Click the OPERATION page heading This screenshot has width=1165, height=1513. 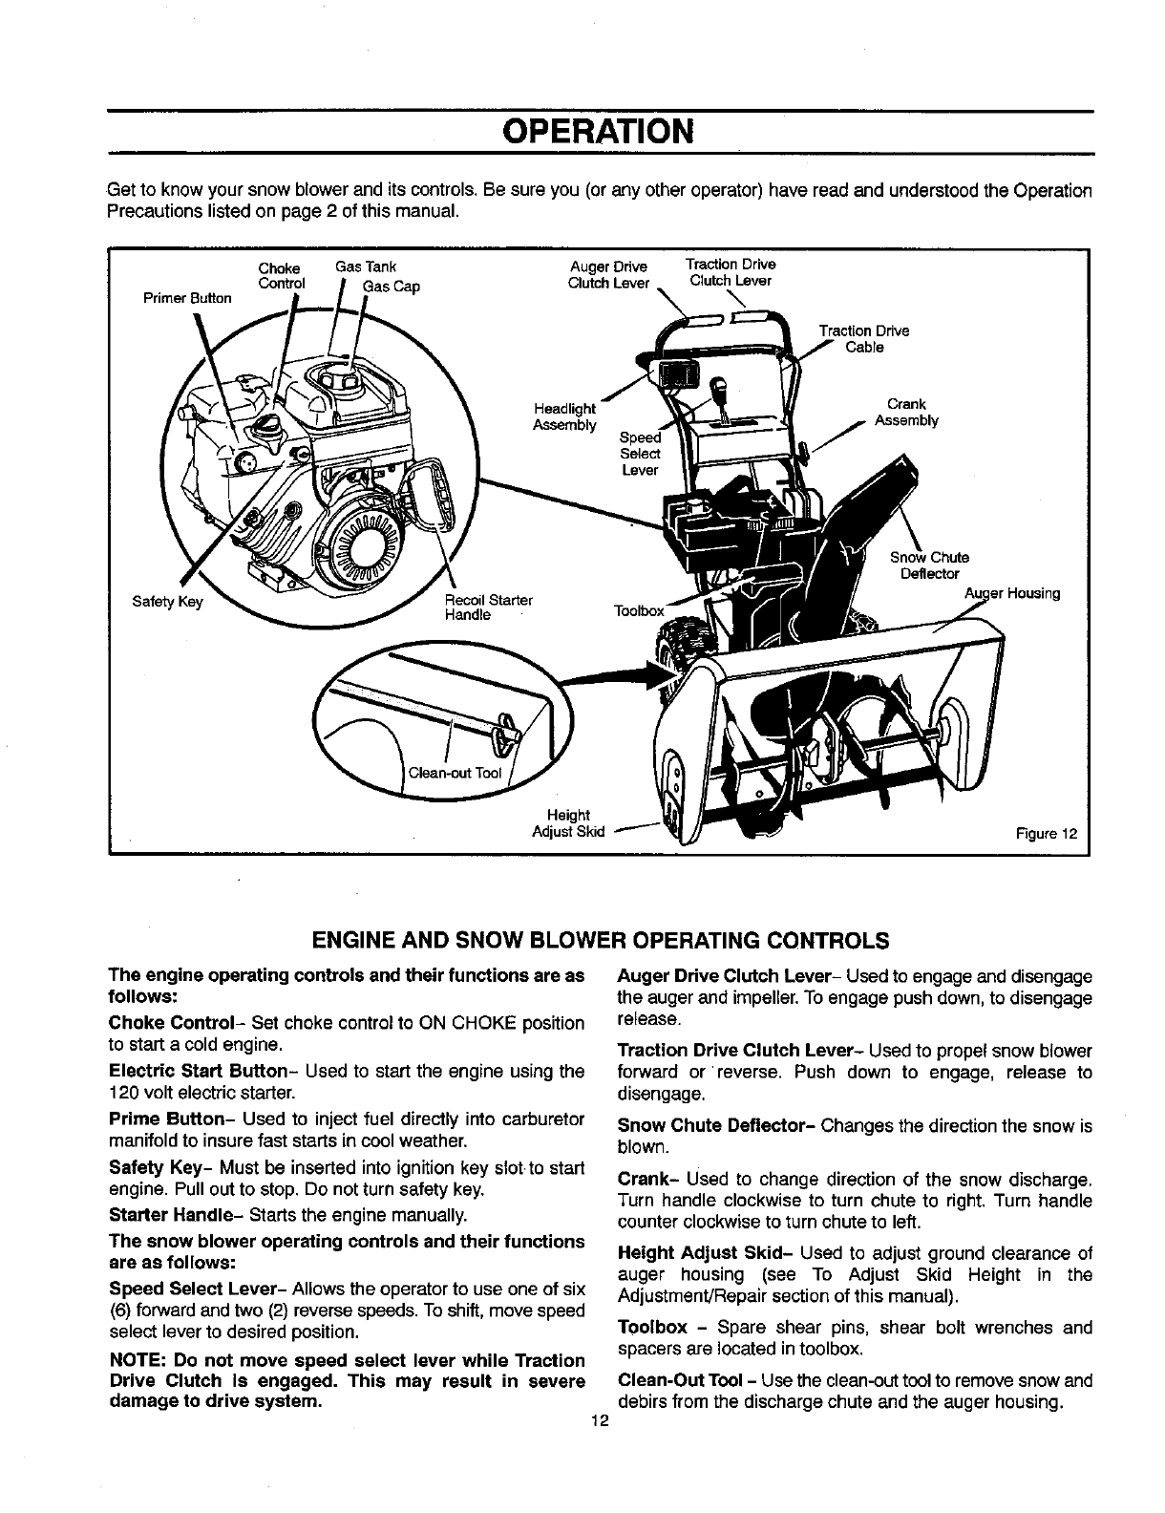pos(599,131)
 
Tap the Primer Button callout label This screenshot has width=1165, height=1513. pos(187,298)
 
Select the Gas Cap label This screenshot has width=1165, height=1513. pos(392,286)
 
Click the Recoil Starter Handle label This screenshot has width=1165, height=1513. pos(488,607)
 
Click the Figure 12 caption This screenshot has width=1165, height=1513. pos(1048,833)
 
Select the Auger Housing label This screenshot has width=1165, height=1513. pos(1011,593)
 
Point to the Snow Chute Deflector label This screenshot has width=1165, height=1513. pos(929,565)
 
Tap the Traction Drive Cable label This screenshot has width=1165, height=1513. pos(864,339)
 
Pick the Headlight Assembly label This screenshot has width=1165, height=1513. pos(564,416)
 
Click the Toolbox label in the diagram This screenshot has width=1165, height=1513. pos(639,610)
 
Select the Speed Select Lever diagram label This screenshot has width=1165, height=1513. pos(640,454)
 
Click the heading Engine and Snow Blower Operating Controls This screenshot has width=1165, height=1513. pos(601,940)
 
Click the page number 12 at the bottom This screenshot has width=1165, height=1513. pos(599,1420)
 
